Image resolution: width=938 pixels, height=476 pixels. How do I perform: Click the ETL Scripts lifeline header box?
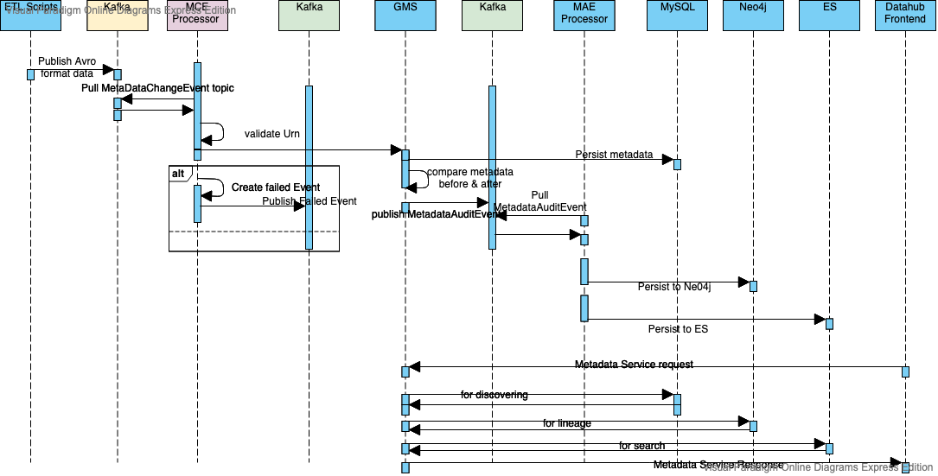tap(30, 15)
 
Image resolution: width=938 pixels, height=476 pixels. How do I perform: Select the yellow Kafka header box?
tap(117, 15)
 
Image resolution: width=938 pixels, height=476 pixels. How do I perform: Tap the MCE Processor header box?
tap(197, 15)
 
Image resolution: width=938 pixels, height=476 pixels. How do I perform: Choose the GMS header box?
tap(405, 15)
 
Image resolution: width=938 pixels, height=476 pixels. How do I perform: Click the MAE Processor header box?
tap(584, 15)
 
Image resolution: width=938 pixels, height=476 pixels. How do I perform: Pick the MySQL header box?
tap(676, 15)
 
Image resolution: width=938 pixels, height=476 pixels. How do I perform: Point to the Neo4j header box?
tap(752, 15)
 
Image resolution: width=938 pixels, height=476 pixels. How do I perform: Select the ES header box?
tap(829, 15)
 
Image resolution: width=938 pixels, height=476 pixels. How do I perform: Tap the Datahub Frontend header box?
tap(905, 15)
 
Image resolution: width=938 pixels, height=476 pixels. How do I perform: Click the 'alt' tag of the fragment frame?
tap(179, 174)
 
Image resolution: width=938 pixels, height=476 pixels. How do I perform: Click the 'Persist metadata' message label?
tap(614, 155)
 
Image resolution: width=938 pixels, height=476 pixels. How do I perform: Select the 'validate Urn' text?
tap(272, 134)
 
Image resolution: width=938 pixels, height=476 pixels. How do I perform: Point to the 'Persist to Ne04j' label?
tap(674, 287)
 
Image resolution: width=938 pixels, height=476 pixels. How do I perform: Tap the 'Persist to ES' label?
tap(679, 329)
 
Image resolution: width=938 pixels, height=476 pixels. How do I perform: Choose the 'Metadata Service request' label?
tap(634, 365)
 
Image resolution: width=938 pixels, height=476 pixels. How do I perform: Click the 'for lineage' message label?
tap(567, 423)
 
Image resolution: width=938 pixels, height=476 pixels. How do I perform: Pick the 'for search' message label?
tap(641, 446)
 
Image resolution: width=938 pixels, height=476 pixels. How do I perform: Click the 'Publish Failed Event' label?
tap(309, 201)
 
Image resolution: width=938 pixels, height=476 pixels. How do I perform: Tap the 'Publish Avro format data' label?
tap(67, 67)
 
